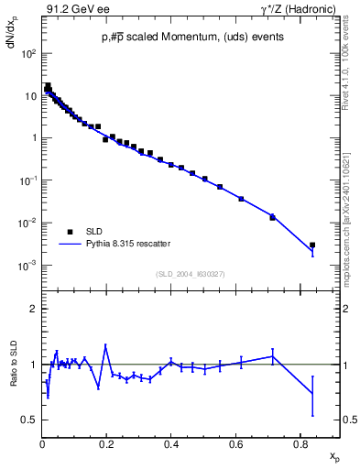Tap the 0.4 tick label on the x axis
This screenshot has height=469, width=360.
[x=171, y=445]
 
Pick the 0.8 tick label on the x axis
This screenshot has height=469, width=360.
[x=300, y=445]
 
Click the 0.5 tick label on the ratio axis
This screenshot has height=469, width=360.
[x=30, y=420]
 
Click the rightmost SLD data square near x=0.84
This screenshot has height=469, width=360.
[x=312, y=245]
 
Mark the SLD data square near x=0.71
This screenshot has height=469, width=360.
[x=272, y=216]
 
